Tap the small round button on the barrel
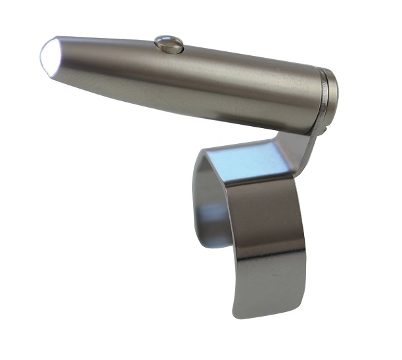[169, 44]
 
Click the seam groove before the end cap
[322, 85]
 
